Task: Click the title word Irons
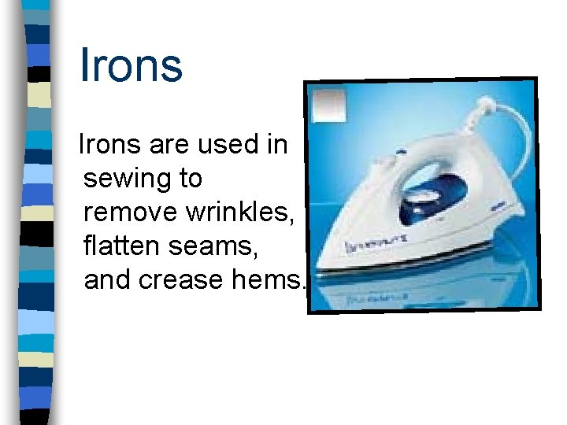click(131, 65)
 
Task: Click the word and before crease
click(109, 279)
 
